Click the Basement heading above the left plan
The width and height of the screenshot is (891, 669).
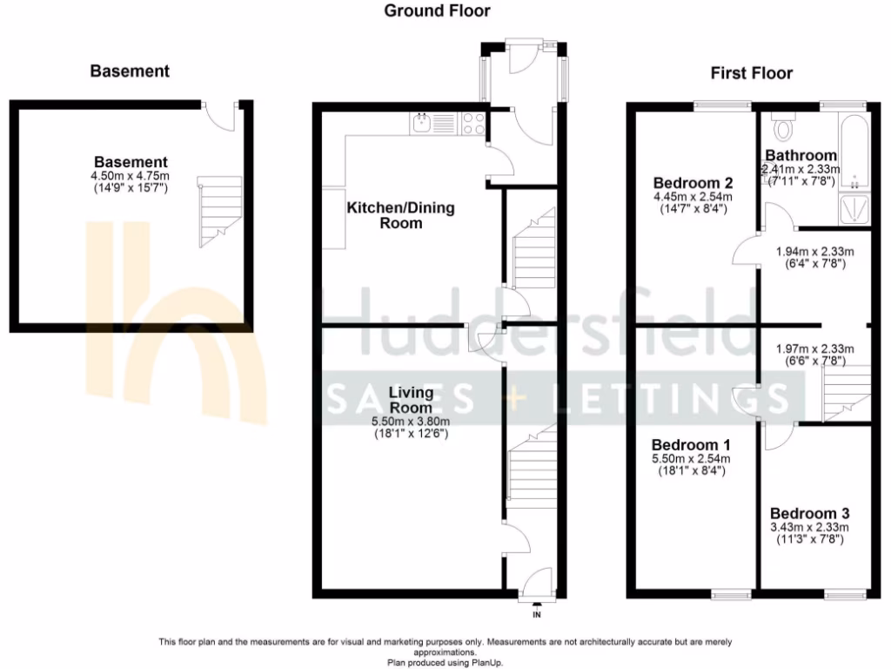[130, 71]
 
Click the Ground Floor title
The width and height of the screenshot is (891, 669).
[437, 11]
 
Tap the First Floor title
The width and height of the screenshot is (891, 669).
[752, 73]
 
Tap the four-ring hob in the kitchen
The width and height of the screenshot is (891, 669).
[474, 124]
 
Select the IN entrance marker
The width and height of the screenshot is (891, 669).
[536, 615]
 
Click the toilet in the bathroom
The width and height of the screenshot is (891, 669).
[785, 129]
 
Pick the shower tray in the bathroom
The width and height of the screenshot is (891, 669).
[854, 209]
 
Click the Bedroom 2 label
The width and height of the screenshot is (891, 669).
[693, 183]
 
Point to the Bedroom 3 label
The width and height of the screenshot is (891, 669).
[810, 513]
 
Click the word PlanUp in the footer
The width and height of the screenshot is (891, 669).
[484, 663]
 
